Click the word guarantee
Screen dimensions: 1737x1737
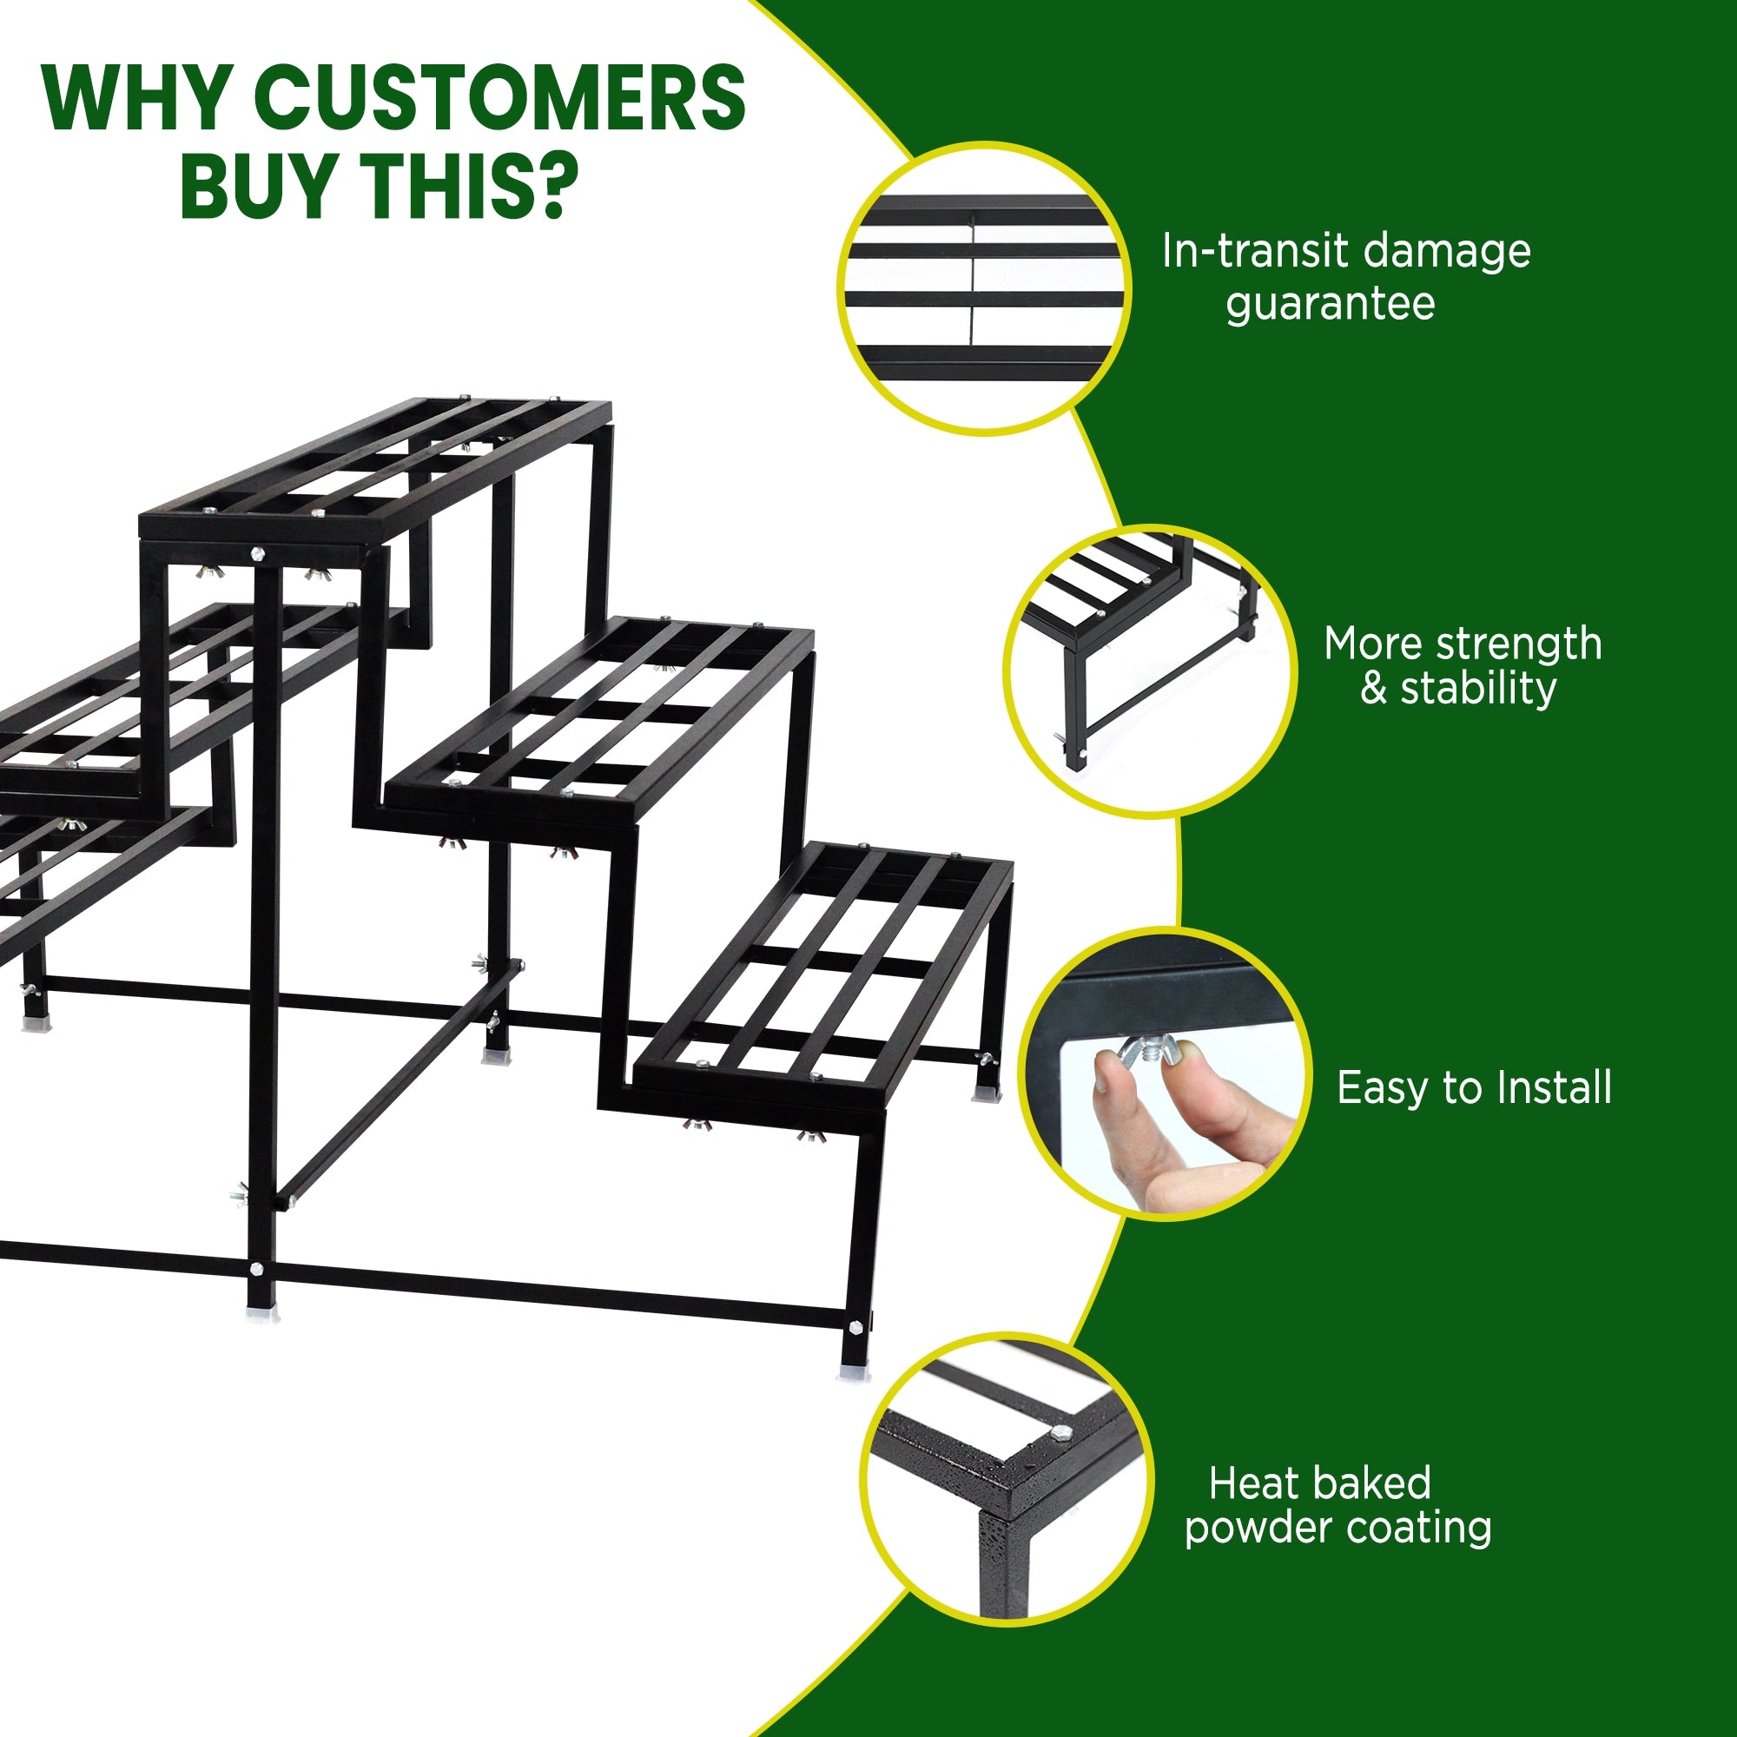(x=1330, y=304)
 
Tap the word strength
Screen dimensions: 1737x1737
(x=1518, y=644)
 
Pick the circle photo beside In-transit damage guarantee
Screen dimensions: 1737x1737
(x=984, y=288)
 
